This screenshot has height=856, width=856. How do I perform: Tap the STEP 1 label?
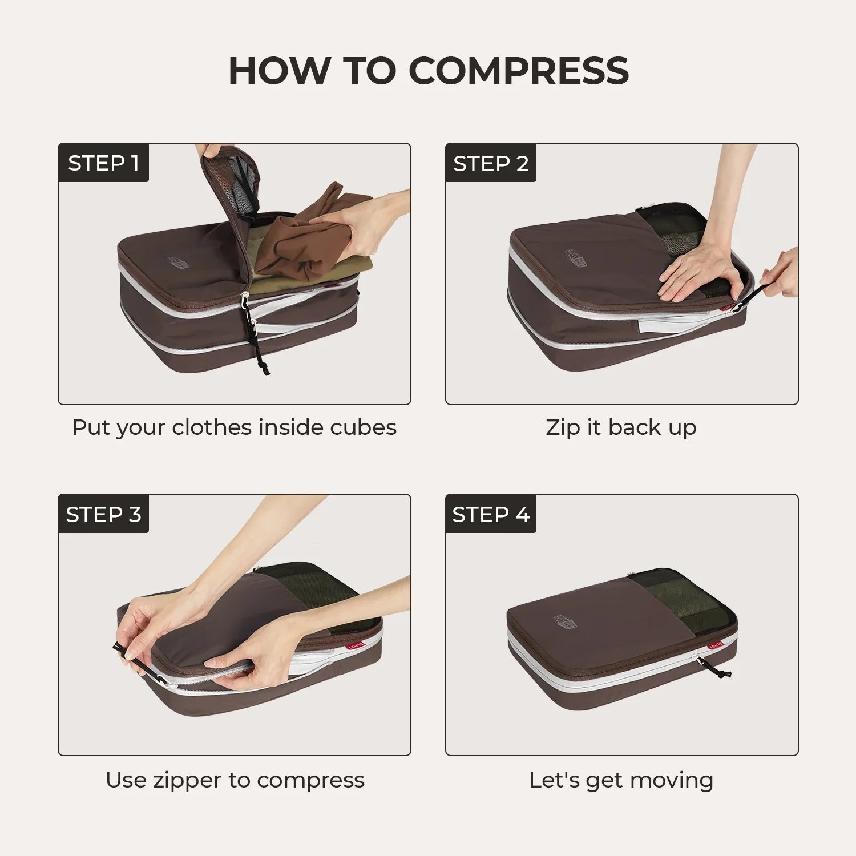(103, 163)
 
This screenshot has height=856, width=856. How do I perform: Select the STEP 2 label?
(491, 164)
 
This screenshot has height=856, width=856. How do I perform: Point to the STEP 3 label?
(103, 514)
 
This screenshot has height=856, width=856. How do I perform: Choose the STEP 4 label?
(491, 514)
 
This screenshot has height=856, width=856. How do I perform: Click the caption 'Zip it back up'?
(621, 427)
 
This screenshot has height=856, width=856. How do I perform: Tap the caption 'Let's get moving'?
(621, 780)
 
